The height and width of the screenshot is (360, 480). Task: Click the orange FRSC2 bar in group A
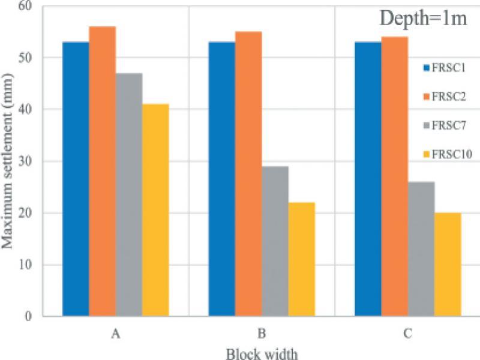[102, 172]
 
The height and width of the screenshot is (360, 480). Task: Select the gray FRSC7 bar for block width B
[275, 241]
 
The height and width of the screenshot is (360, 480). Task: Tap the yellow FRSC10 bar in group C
[448, 265]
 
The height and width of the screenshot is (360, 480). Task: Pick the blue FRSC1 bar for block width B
[222, 179]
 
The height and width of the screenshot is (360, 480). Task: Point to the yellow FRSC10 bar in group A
[155, 210]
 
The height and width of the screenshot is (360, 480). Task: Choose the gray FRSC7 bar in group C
[421, 249]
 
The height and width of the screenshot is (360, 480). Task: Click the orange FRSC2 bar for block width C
[395, 176]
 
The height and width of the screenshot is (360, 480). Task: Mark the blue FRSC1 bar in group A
[76, 179]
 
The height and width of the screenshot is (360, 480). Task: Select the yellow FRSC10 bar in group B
[302, 259]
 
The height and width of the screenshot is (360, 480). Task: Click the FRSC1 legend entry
[445, 68]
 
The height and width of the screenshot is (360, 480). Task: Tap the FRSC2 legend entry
[445, 97]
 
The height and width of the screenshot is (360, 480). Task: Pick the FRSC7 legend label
[449, 125]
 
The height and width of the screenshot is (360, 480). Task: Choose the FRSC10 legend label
[452, 154]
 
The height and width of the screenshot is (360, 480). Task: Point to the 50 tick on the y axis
[26, 58]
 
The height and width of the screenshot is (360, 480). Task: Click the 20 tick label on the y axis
[26, 213]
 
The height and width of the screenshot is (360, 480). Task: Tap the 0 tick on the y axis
[28, 316]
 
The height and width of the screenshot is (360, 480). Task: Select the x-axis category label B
[262, 334]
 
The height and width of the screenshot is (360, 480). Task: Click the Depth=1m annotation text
[424, 19]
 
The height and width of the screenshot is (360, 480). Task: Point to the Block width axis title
[262, 354]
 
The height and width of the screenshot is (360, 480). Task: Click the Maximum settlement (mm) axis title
[7, 161]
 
